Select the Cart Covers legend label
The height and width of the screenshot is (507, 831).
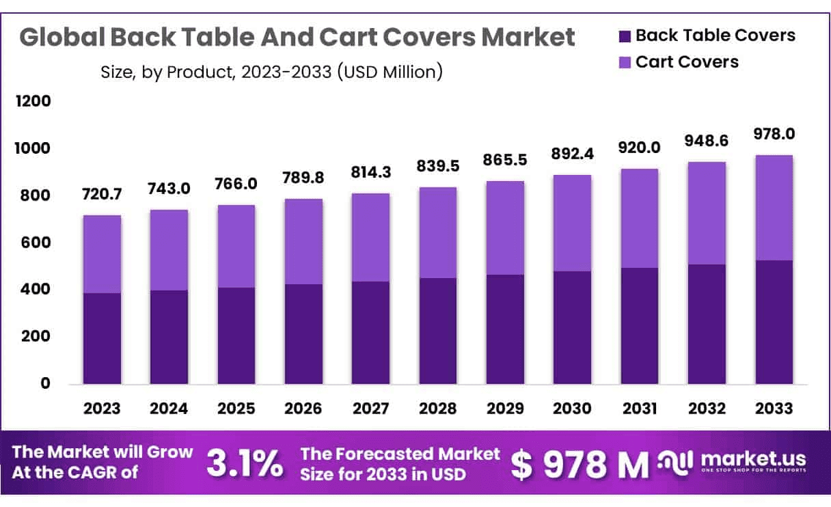[x=687, y=62]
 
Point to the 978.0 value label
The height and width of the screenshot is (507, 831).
[x=774, y=134]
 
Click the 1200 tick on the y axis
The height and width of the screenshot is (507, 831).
[x=32, y=102]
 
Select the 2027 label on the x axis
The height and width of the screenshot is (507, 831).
[x=371, y=409]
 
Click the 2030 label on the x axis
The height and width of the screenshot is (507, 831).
[x=573, y=409]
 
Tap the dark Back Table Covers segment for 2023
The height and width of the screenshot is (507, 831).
[x=102, y=338]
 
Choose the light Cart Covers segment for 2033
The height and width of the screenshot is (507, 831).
[x=774, y=208]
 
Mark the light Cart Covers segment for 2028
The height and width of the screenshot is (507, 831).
[x=438, y=232]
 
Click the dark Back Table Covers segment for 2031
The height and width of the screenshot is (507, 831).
[x=640, y=325]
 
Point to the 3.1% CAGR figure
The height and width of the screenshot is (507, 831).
[x=244, y=465]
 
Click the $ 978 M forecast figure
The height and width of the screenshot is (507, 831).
[x=580, y=465]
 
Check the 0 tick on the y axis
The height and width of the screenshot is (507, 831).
[x=45, y=384]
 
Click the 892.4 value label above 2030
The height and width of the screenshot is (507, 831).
[x=573, y=154]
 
